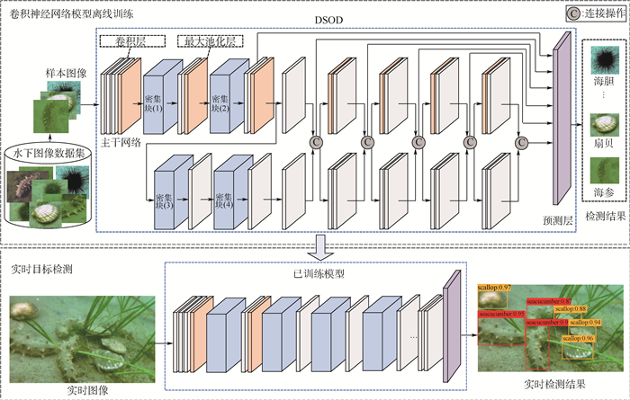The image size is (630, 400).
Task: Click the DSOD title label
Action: coord(327,19)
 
